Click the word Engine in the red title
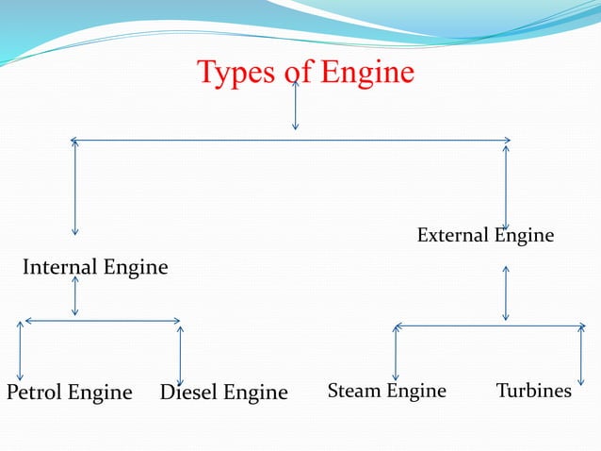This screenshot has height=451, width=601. (367, 73)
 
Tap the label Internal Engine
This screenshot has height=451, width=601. (95, 267)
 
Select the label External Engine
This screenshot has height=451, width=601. (485, 235)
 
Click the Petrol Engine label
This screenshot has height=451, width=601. (69, 392)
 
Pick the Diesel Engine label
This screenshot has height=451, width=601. (223, 392)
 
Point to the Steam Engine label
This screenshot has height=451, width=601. (386, 391)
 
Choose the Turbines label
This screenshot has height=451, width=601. (533, 391)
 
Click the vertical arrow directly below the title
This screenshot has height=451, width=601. (296, 106)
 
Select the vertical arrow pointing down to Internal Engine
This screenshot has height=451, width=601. (74, 189)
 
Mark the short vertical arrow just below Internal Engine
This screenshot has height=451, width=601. (74, 295)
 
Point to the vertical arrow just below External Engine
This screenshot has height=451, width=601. (506, 292)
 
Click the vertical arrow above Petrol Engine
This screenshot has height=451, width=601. (20, 351)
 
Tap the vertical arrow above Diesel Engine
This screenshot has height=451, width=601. (179, 355)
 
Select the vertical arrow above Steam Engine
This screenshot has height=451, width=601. (395, 353)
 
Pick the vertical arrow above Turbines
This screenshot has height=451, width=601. (581, 355)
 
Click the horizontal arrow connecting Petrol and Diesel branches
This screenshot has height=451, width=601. (102, 321)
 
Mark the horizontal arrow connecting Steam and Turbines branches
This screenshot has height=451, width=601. (489, 326)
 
